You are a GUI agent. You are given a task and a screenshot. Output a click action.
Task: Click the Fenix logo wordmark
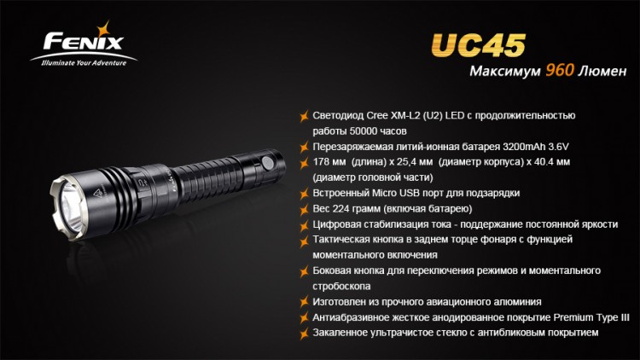coord(84,42)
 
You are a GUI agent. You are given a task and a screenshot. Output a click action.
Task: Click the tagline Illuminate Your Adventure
coord(84,63)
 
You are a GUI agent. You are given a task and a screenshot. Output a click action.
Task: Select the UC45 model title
coord(478,44)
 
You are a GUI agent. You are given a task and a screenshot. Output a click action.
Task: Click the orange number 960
coord(560,70)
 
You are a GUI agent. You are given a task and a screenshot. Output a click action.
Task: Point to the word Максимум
coord(505,71)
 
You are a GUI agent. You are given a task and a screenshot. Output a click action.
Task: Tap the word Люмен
coord(602,71)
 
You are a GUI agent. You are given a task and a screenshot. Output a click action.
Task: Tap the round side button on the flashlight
coord(268,163)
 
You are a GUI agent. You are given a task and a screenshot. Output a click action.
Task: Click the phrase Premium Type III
coord(591,317)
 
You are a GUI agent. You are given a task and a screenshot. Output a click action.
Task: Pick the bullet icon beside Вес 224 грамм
coord(304,210)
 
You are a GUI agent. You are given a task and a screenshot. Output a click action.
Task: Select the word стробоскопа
coord(341,287)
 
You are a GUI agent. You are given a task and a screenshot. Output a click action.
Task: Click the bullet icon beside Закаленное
coord(304,334)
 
